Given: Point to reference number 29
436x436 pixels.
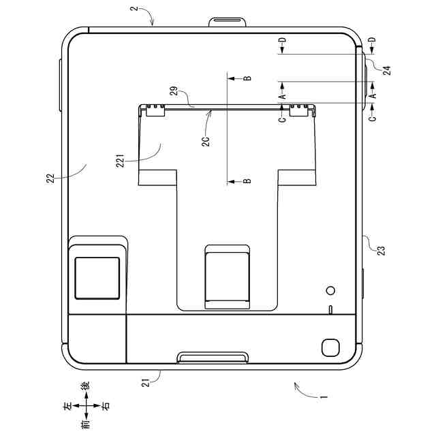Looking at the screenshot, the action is pos(174,91).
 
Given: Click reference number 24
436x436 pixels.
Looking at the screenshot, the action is pos(386,70).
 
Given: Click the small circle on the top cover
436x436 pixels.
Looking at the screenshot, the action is pos(331,290).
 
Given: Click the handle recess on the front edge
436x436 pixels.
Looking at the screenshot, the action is pos(212,358).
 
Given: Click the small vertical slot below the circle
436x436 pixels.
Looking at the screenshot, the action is pos(331,311).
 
